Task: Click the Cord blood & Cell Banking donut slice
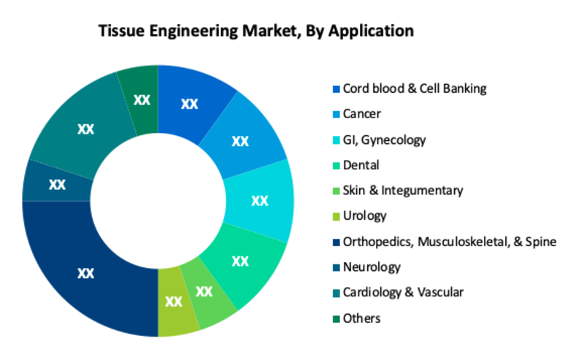190,102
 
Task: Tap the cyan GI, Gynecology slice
260,201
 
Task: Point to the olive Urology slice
174,302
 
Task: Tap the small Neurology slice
57,183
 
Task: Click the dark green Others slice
141,100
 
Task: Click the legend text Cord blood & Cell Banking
415,88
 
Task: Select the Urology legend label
364,215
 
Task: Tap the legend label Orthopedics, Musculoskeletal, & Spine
450,242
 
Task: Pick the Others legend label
361,318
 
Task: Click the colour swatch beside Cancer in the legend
337,115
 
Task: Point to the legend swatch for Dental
337,166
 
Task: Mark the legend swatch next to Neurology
337,267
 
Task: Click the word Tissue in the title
121,31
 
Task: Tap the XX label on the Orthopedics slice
85,273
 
